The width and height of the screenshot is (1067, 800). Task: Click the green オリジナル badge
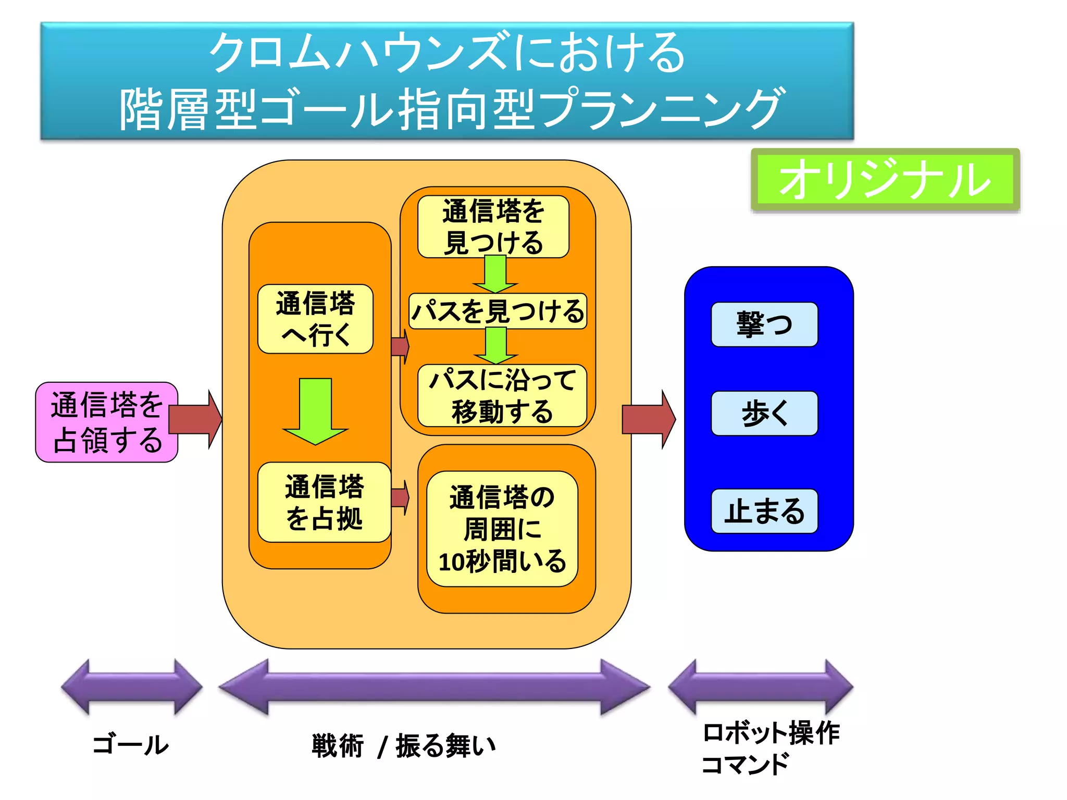pos(884,180)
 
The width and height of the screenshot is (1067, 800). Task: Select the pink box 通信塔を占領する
pos(106,422)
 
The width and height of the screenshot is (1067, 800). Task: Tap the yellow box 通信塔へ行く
pos(315,319)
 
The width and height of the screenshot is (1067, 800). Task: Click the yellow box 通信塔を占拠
pos(324,502)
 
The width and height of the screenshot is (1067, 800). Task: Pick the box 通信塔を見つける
pos(493,227)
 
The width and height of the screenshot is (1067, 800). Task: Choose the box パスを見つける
pos(498,311)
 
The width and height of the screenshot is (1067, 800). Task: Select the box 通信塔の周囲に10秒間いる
pos(502,529)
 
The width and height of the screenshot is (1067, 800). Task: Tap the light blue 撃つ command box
pos(764,324)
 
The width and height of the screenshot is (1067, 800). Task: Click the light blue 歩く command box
pos(764,413)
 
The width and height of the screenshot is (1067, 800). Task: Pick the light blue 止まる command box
pos(764,511)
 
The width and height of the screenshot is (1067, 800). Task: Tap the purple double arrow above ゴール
pos(131,686)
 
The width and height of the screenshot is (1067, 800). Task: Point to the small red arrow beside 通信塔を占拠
pos(400,497)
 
